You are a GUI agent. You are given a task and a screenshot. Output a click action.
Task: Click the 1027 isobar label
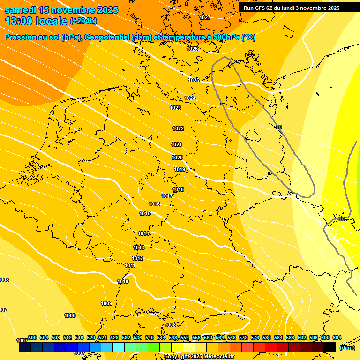(205, 17)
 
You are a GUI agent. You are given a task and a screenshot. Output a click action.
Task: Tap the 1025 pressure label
(194, 80)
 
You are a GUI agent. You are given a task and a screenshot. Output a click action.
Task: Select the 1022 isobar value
(178, 128)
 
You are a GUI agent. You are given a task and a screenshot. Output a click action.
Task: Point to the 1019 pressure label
(180, 169)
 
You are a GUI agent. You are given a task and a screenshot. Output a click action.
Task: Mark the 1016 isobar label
(154, 204)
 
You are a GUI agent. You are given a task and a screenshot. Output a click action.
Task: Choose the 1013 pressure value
(139, 247)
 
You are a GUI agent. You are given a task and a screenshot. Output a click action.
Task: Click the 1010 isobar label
(123, 281)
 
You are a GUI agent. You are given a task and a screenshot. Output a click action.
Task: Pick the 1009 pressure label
(106, 303)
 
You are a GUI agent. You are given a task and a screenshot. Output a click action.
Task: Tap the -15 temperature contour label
(278, 127)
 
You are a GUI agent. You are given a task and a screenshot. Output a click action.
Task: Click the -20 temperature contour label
(341, 219)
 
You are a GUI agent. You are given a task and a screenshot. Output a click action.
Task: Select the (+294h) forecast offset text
(83, 21)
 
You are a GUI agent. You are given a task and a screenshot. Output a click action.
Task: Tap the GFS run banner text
(292, 8)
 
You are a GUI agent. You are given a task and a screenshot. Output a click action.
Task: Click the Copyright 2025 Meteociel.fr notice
(199, 356)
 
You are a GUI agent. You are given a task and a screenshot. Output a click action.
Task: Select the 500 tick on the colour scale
(32, 337)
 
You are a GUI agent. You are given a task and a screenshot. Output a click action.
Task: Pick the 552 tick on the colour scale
(185, 337)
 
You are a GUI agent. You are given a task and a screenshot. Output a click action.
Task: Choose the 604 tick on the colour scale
(337, 337)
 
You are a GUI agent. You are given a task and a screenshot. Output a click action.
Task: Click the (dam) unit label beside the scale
(347, 348)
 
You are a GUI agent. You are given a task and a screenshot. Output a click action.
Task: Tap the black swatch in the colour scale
(330, 347)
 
